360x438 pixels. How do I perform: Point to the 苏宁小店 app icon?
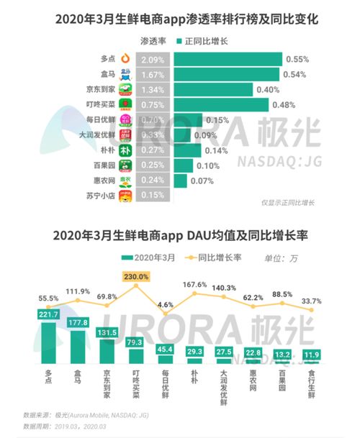127,196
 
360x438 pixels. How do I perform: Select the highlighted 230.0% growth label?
136,276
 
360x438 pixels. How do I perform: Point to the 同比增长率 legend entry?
215,257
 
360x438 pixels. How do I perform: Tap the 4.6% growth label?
165,305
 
